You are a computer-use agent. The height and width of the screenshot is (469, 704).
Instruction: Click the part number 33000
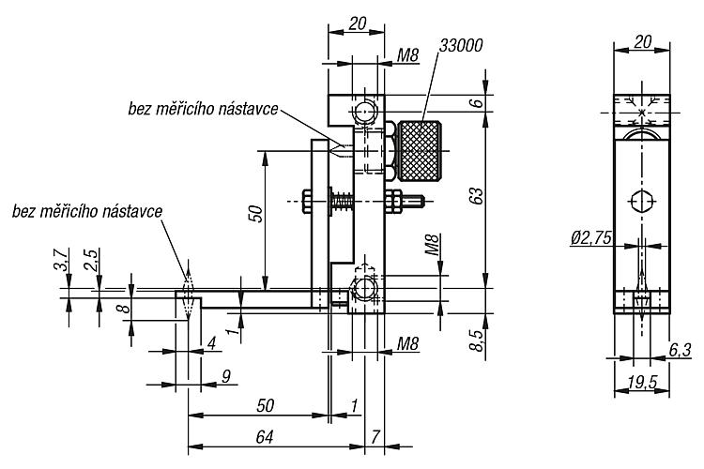tap(461, 45)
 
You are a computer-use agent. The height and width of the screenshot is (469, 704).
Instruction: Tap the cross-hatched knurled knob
tap(419, 151)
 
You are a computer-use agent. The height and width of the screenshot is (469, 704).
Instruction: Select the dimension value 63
tap(477, 196)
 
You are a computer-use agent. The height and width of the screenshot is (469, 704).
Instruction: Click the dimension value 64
tap(265, 436)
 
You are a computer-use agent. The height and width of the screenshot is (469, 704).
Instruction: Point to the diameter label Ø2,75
tap(590, 238)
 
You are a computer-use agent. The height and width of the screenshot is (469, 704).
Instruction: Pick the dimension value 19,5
tap(642, 383)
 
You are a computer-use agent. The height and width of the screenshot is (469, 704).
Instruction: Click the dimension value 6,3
tap(681, 349)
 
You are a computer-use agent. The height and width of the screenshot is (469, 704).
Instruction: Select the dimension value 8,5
tap(477, 340)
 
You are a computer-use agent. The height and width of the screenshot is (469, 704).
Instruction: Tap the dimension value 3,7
tap(62, 259)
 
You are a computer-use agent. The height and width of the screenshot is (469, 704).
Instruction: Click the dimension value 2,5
tap(91, 259)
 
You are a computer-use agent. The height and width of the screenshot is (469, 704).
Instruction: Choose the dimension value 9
tap(226, 376)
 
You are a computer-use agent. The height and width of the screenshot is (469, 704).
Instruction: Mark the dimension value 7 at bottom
tap(375, 436)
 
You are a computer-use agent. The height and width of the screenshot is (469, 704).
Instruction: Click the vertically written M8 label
tap(432, 245)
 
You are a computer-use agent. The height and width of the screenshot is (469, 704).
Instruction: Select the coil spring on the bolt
tap(344, 201)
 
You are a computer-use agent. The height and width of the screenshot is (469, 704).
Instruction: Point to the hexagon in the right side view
tap(642, 201)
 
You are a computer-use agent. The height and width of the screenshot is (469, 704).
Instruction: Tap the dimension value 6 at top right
tap(477, 103)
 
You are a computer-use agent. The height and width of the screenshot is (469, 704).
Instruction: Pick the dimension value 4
tap(211, 344)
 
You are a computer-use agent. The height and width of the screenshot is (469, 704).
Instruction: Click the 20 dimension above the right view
tap(642, 41)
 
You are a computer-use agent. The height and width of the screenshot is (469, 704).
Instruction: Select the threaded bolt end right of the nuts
tap(414, 201)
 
